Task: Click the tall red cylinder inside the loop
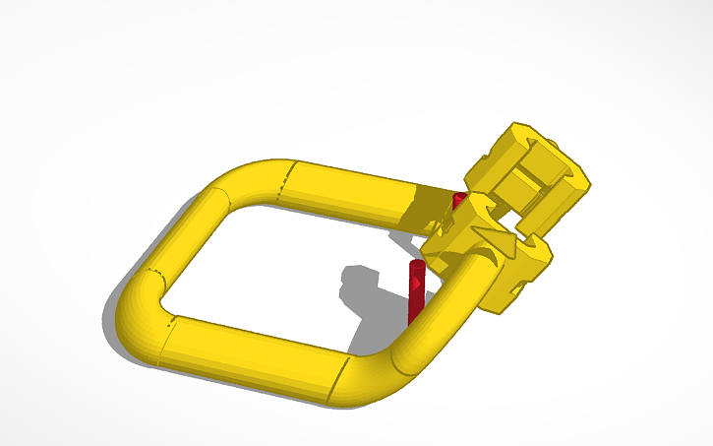coord(414,300)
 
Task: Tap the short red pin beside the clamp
coord(455,202)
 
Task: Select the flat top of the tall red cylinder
coord(415,265)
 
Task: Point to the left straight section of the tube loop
coord(182,236)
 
